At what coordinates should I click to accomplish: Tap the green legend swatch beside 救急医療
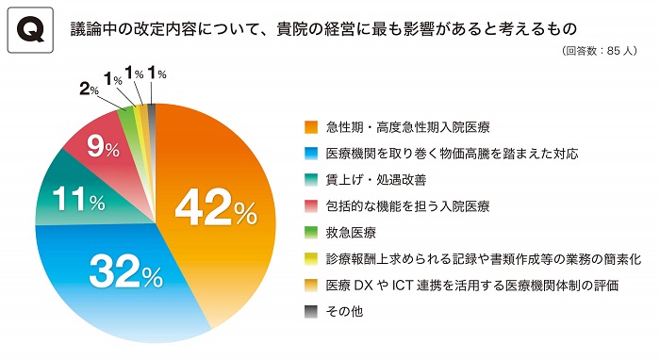[x=310, y=232]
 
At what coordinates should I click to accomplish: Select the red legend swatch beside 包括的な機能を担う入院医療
[x=310, y=205]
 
